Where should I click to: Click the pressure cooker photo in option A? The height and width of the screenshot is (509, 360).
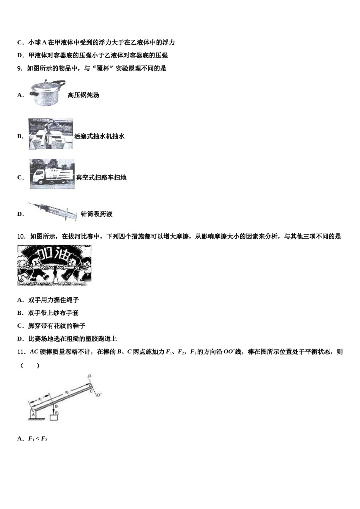pos(47,92)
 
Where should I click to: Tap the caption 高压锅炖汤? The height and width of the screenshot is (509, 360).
pos(83,95)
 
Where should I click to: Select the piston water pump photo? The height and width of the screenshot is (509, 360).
pos(51,134)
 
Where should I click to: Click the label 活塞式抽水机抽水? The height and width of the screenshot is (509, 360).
pos(99,136)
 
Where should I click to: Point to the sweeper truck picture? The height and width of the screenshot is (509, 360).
pos(52,174)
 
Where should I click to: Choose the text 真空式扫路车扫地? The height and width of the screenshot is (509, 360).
pos(101,178)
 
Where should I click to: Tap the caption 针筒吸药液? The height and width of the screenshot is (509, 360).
pos(97,214)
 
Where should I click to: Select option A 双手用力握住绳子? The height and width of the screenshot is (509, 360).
pos(53,300)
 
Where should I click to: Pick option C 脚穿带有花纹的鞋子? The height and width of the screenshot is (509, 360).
pos(56,326)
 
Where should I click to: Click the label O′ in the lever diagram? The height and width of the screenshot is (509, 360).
pos(99,395)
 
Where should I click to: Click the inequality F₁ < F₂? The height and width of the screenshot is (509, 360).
pos(38,439)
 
